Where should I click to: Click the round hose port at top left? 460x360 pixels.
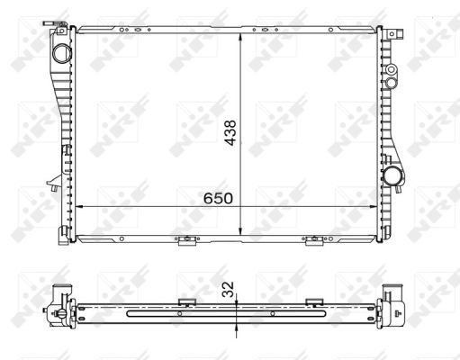point(60,53)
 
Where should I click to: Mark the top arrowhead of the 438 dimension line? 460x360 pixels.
point(239,39)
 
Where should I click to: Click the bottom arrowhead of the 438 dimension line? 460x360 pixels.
point(239,233)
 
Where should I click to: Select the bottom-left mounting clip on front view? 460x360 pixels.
point(186,239)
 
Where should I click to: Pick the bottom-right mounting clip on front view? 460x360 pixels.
point(314,239)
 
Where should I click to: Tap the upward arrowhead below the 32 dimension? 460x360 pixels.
point(236,327)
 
